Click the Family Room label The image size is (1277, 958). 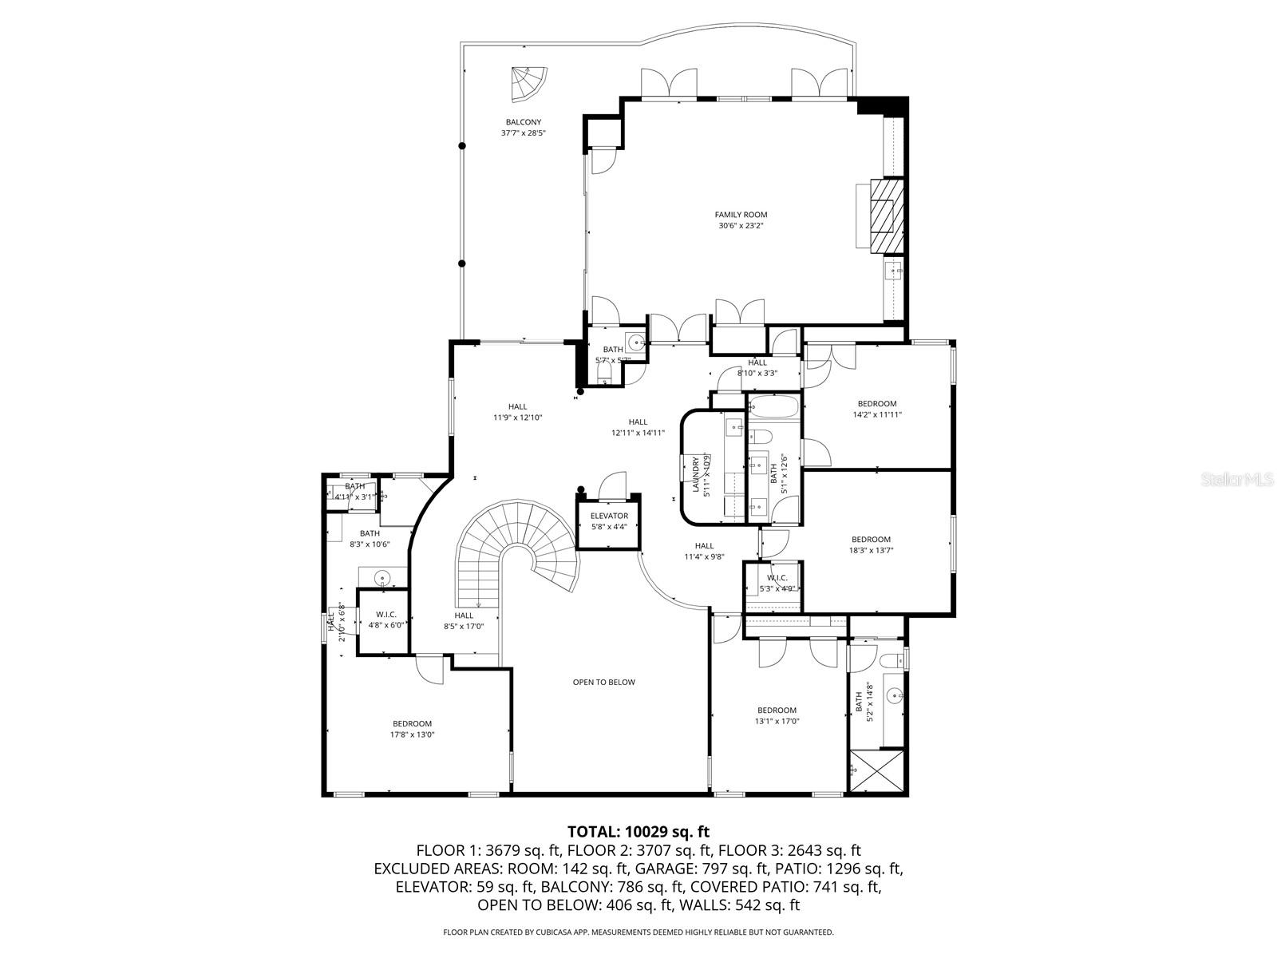741,215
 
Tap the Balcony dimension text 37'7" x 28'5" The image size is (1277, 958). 523,133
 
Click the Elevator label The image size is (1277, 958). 609,516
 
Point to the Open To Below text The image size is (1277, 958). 603,682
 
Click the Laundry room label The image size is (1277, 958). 697,476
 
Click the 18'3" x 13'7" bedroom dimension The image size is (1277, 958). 871,550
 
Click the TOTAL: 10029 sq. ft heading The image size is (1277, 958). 638,832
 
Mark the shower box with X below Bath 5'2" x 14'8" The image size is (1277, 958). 876,771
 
